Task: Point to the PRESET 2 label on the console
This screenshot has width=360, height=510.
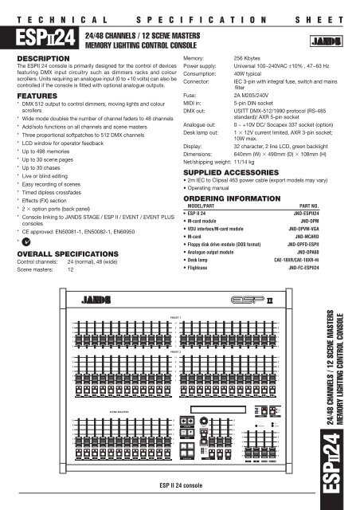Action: pos(177,349)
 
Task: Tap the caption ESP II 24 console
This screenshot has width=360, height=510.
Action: pos(179,484)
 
